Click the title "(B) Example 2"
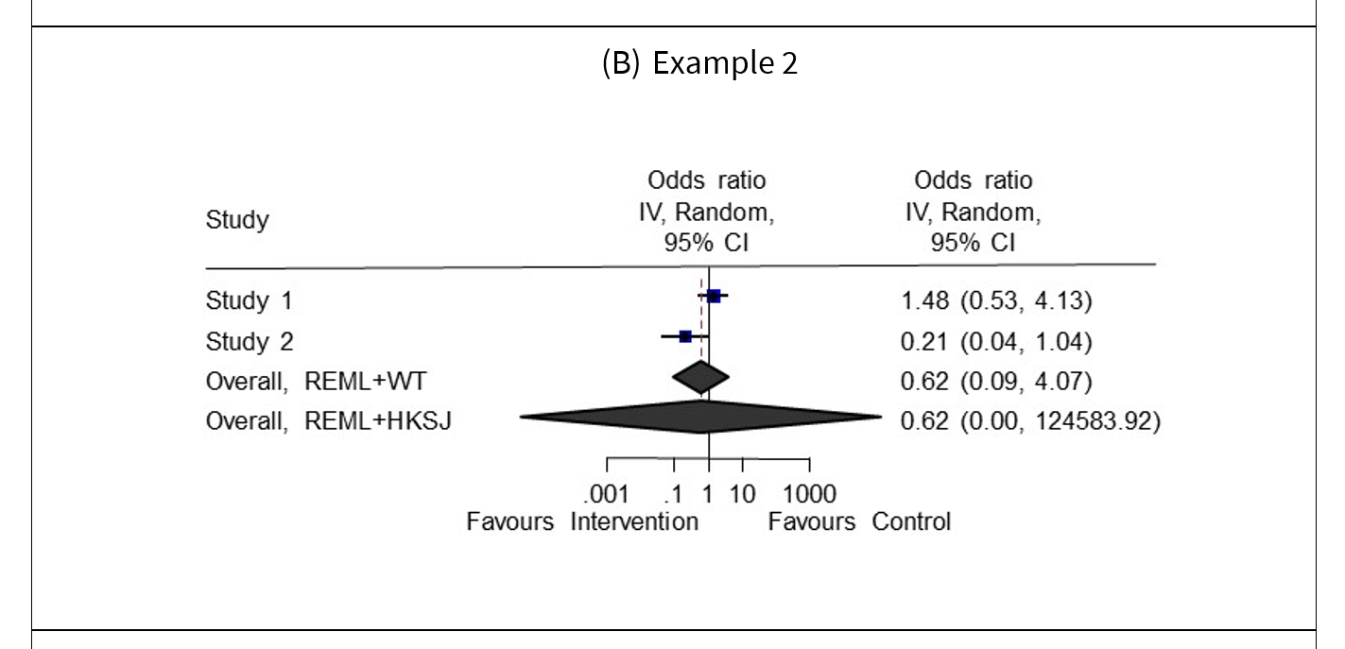click(699, 63)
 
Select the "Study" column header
click(237, 221)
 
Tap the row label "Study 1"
click(250, 301)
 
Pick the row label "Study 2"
click(250, 340)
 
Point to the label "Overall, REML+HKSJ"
click(328, 421)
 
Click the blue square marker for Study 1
click(714, 297)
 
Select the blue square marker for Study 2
click(685, 336)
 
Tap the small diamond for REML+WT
click(700, 377)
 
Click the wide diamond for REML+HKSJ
click(700, 417)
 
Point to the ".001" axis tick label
click(606, 494)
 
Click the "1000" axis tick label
click(809, 494)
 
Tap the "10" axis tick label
click(743, 494)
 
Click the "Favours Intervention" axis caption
click(582, 521)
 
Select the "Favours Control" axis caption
click(859, 521)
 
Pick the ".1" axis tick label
click(672, 494)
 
